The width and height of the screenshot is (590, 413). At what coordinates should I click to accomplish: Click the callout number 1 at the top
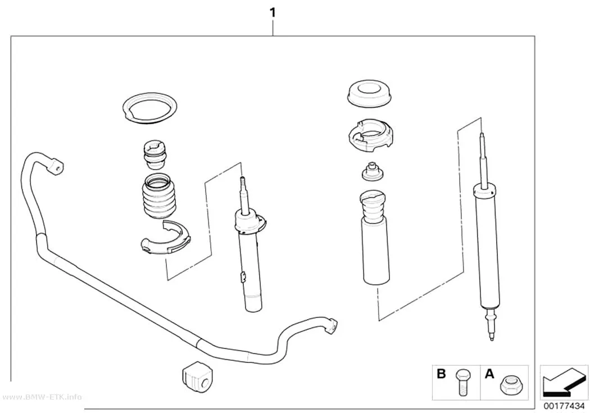[273, 13]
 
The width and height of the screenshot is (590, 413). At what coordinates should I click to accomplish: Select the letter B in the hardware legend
[441, 374]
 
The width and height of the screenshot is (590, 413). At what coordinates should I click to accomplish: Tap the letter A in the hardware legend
[489, 374]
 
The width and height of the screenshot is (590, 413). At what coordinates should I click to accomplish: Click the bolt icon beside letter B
[461, 381]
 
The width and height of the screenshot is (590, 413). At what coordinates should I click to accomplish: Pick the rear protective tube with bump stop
[376, 239]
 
